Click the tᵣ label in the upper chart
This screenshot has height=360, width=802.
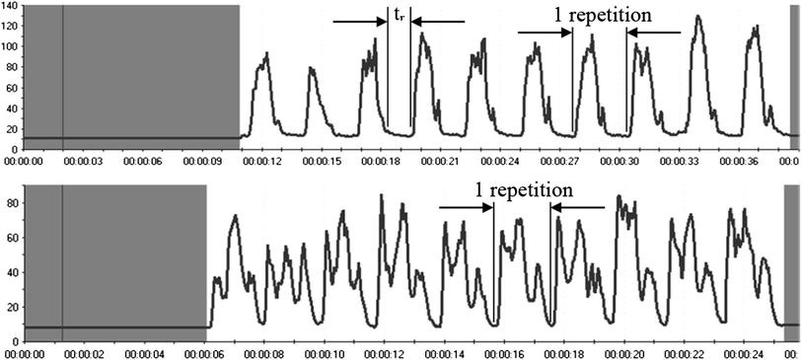click(400, 17)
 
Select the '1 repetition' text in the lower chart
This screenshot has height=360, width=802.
click(522, 187)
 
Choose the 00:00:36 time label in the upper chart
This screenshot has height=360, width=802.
click(740, 161)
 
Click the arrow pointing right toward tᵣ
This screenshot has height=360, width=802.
click(360, 22)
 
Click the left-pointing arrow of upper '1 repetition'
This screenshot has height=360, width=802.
click(653, 33)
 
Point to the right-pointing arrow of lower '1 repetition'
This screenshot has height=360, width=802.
click(467, 207)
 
